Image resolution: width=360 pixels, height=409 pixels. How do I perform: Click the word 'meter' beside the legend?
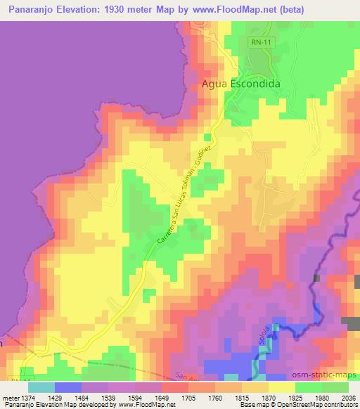tap(11, 398)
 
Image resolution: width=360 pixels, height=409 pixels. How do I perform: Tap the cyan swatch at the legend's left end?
tap(41, 387)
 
